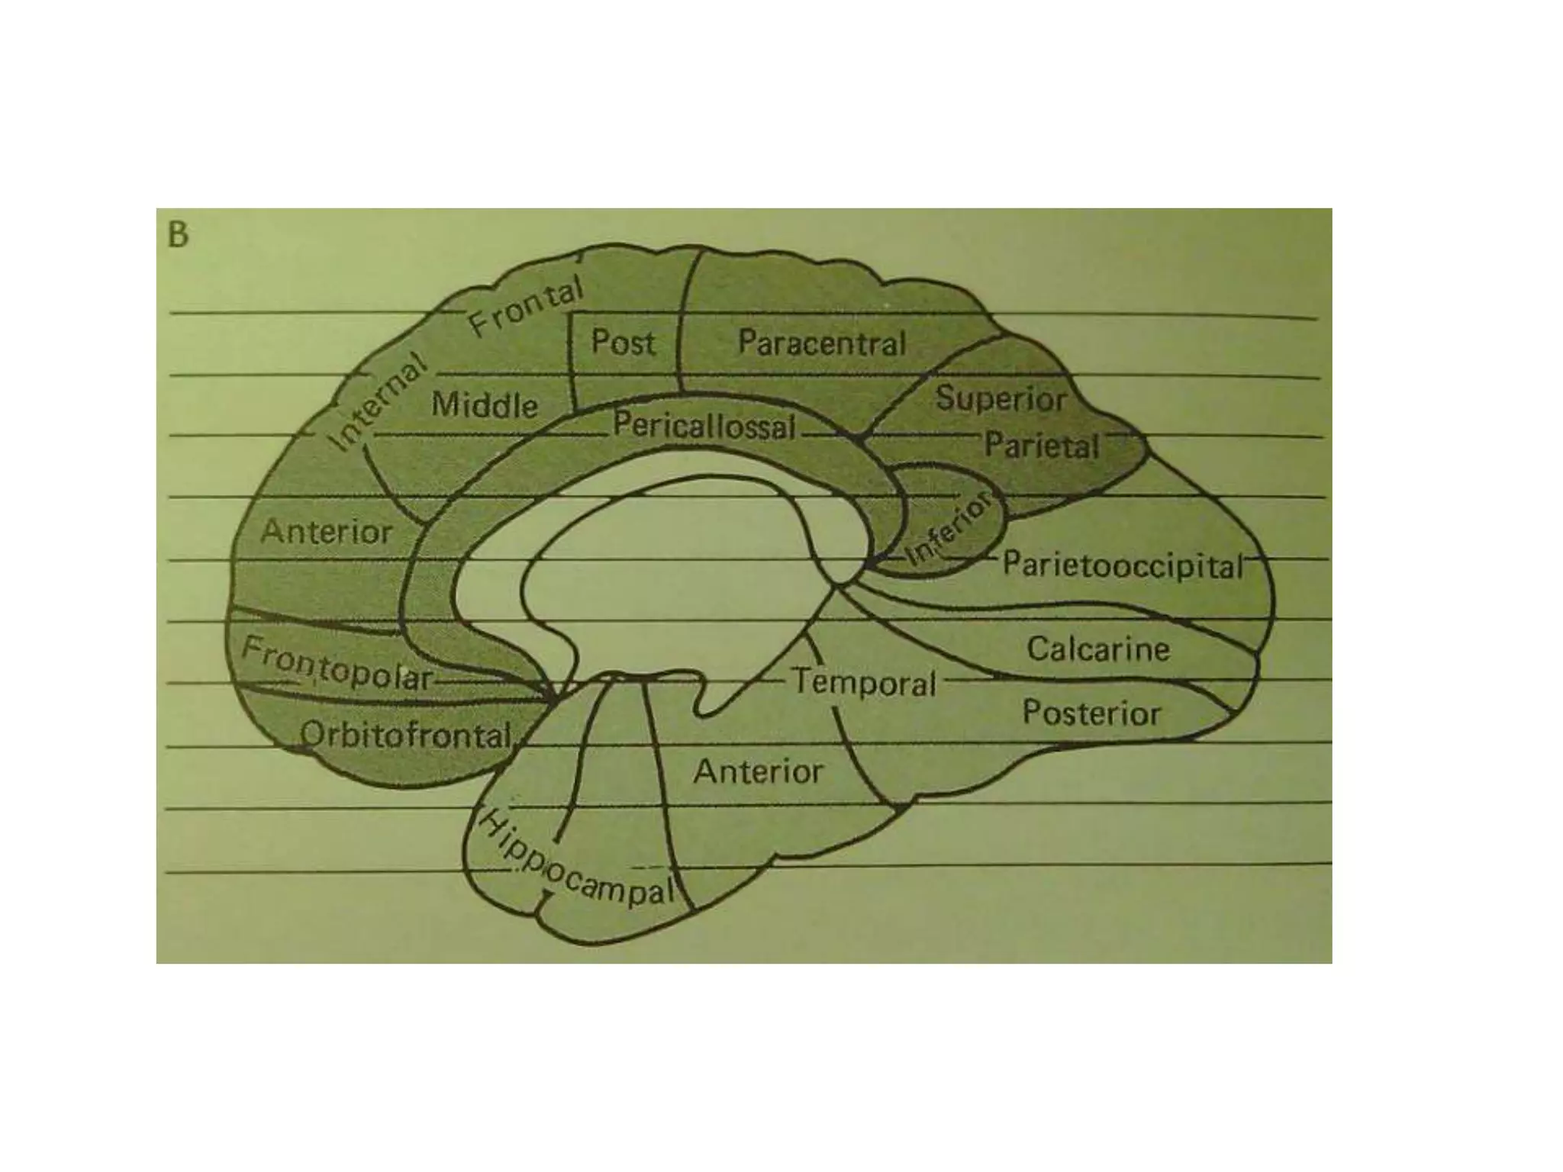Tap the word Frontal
tap(526, 307)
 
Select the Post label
tap(623, 343)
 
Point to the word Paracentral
tap(821, 343)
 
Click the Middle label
tap(485, 404)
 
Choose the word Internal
tap(376, 402)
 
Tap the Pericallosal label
tap(704, 426)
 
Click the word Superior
tap(1001, 398)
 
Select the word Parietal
tap(1042, 446)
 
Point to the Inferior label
tap(950, 526)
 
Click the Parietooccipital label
tap(1122, 566)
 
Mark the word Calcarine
tap(1097, 649)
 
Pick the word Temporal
tap(865, 682)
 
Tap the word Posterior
tap(1091, 713)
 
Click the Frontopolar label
tap(337, 666)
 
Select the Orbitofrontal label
tap(406, 736)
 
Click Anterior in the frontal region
tap(327, 532)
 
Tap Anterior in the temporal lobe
tap(758, 772)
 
